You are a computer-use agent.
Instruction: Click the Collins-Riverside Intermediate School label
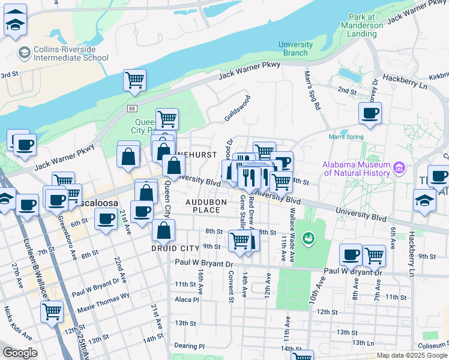tap(63, 53)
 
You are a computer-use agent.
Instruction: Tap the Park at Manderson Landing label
tap(362, 26)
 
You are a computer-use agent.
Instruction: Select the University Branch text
tap(295, 49)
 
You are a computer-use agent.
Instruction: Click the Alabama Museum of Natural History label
tap(356, 169)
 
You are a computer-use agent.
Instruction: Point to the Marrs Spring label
tap(346, 137)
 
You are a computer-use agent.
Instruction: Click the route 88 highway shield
tap(131, 108)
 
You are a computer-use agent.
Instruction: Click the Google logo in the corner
tap(19, 353)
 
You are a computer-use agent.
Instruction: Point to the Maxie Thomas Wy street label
tap(100, 302)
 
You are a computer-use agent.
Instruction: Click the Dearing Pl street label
tap(189, 346)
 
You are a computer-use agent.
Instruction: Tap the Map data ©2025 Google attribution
tap(411, 355)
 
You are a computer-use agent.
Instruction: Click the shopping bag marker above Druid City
tap(163, 230)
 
